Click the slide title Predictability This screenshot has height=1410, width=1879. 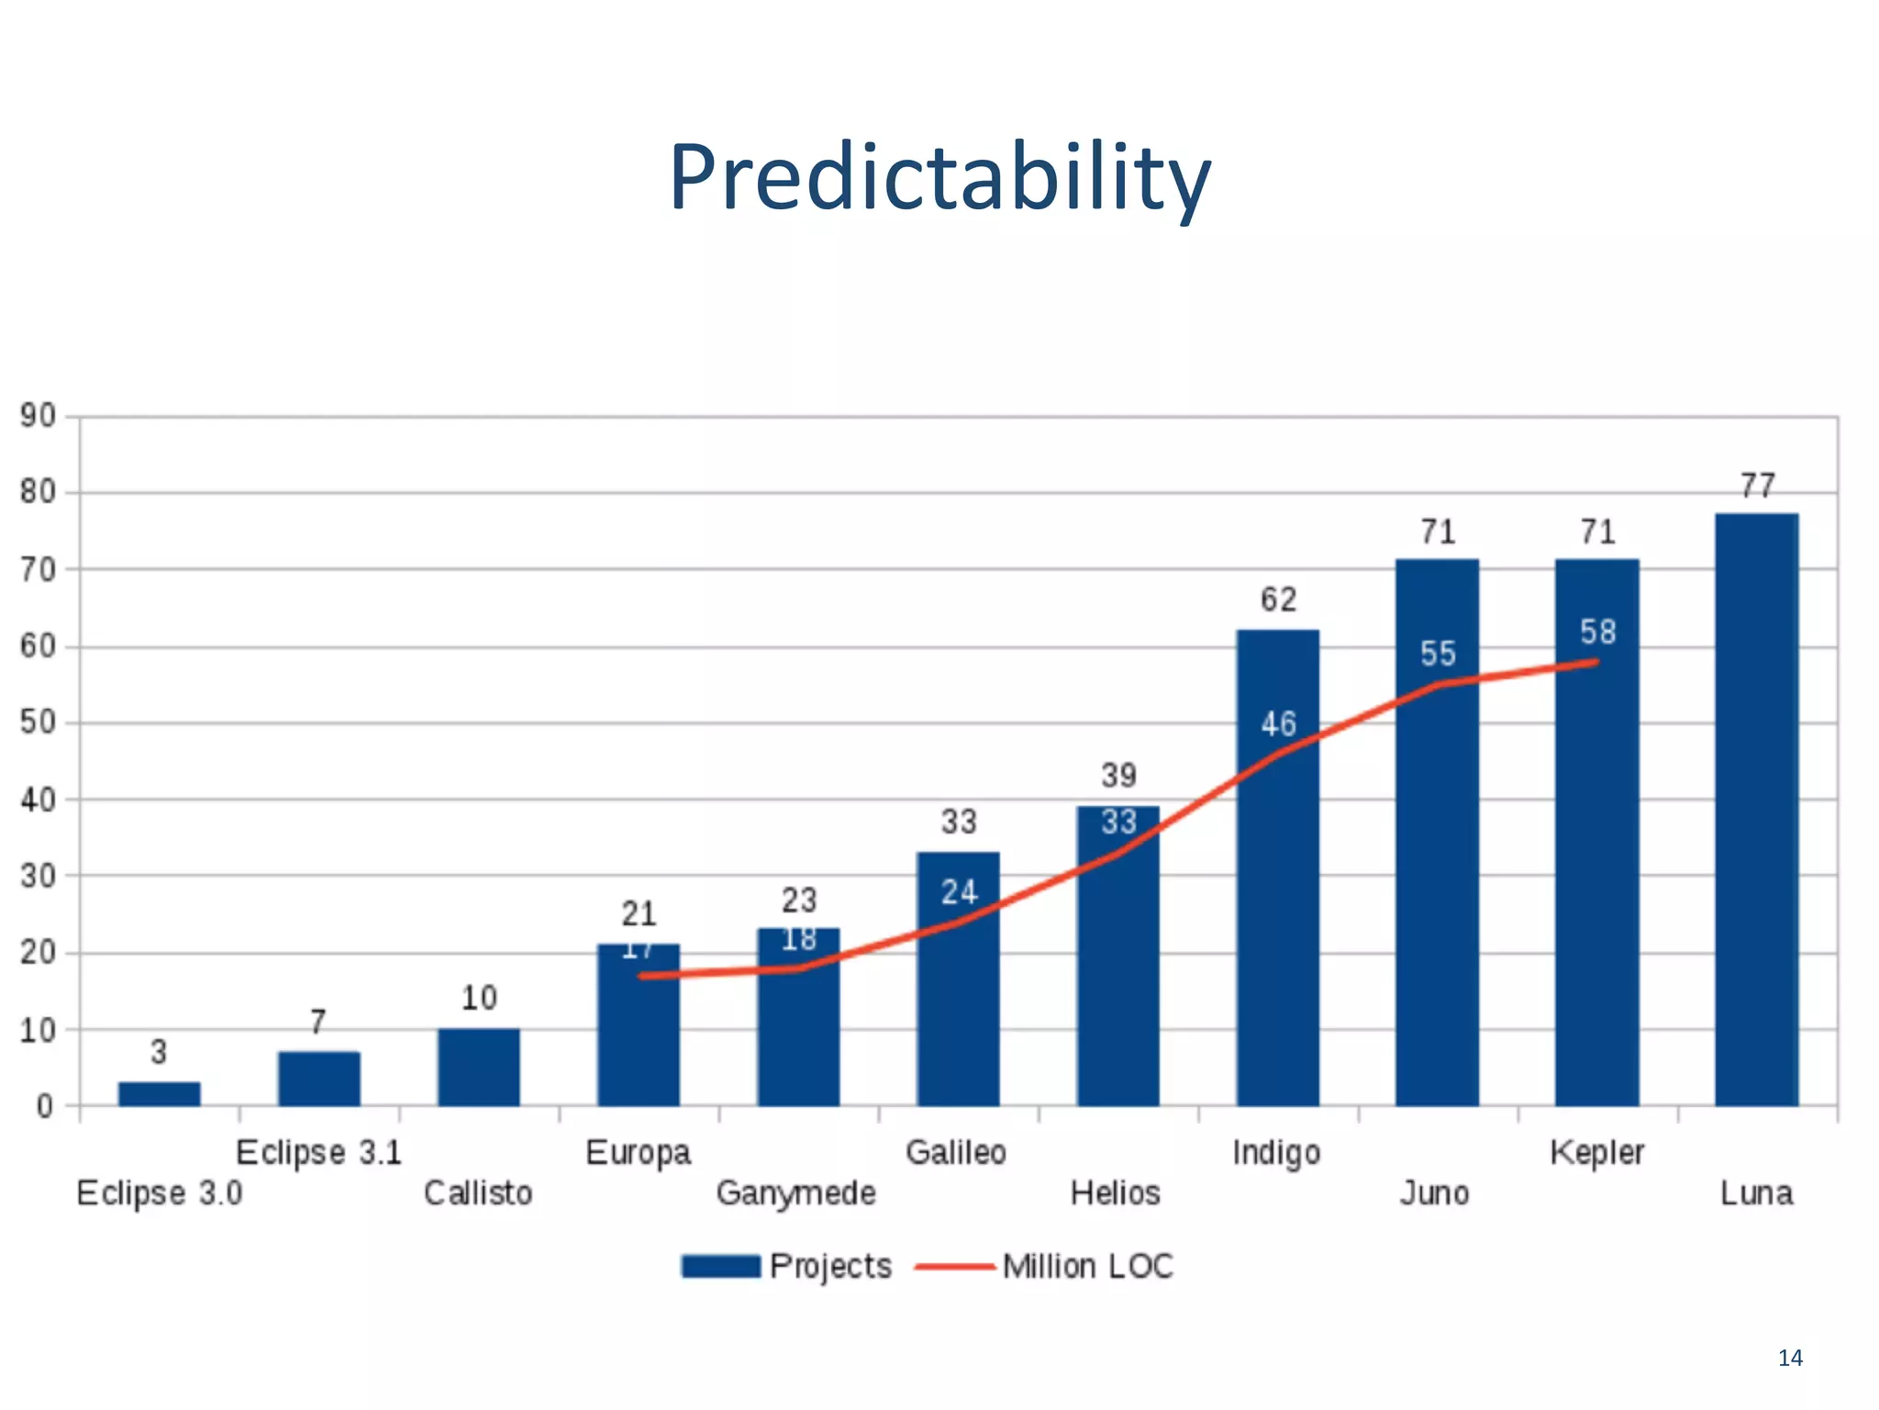click(939, 177)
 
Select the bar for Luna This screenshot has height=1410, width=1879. click(1756, 808)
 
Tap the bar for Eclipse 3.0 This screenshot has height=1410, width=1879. click(159, 1093)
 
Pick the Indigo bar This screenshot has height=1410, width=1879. click(1277, 867)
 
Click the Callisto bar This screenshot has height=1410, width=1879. click(478, 1067)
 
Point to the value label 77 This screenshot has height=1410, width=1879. click(1757, 486)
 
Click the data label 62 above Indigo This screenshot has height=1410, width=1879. click(1278, 600)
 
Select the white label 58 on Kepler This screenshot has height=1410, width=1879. click(1597, 632)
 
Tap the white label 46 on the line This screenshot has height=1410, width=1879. click(1278, 724)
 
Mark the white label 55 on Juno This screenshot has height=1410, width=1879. click(1438, 654)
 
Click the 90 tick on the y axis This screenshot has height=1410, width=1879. click(39, 416)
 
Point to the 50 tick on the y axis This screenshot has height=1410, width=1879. click(39, 722)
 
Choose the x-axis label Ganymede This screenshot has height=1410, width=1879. click(795, 1193)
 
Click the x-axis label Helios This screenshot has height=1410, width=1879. click(1115, 1193)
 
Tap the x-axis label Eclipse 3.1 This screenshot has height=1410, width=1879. click(318, 1152)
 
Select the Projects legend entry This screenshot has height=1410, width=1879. click(786, 1267)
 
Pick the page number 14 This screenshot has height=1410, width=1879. click(1790, 1358)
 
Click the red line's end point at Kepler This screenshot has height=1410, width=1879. click(1596, 662)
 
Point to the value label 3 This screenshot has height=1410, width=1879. click(159, 1052)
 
